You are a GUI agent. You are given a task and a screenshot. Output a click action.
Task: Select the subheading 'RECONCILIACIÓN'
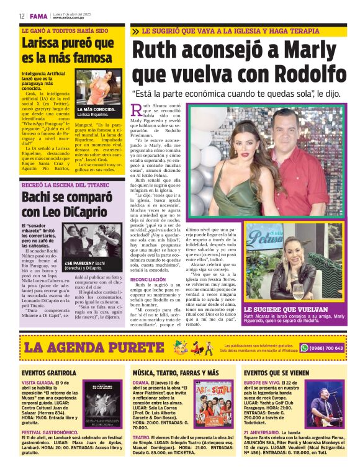click(148, 280)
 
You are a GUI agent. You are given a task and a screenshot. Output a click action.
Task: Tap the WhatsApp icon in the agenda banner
click(304, 348)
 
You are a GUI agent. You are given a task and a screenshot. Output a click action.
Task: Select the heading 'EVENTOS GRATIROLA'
click(49, 373)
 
